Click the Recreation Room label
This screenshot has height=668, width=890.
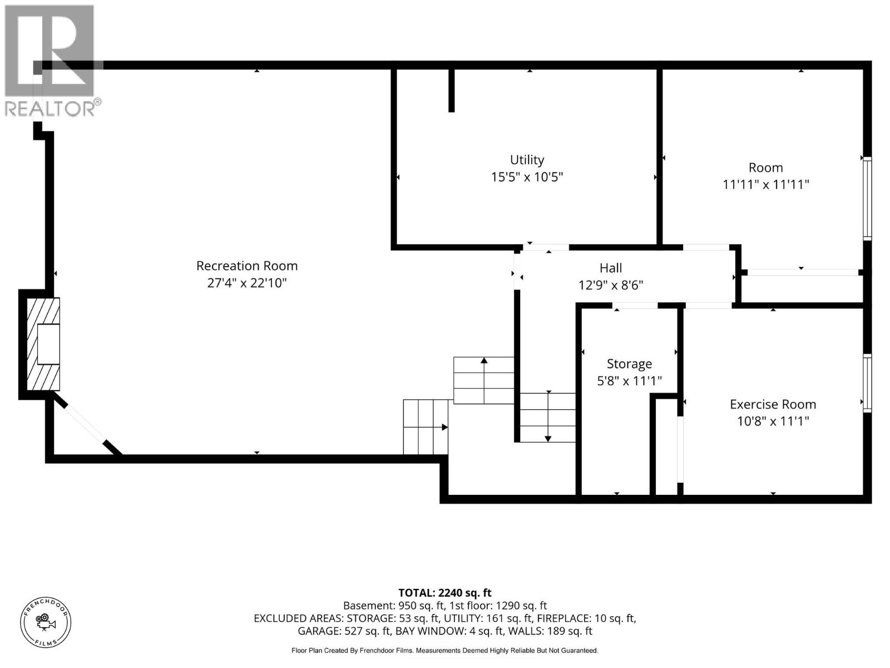247,266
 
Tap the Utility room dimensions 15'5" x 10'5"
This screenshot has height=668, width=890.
527,177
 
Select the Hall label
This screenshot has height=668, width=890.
611,268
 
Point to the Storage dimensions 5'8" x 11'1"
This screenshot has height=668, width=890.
629,381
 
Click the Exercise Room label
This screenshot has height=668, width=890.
773,404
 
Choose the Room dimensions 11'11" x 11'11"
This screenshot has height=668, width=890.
765,185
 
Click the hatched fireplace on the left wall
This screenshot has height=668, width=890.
43,344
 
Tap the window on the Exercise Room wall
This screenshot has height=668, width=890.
867,383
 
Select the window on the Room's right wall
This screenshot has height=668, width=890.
867,198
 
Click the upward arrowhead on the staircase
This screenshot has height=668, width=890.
484,360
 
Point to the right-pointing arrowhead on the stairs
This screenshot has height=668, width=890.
444,427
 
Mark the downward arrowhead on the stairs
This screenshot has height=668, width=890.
548,439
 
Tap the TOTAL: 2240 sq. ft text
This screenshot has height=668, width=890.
445,593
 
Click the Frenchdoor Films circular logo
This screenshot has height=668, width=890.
46,622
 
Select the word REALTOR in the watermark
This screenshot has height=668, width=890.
50,109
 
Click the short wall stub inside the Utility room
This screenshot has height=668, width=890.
451,90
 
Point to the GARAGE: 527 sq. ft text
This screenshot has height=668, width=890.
344,631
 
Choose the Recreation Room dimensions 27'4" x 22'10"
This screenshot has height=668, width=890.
247,283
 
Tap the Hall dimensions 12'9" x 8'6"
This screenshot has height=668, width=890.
611,286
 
